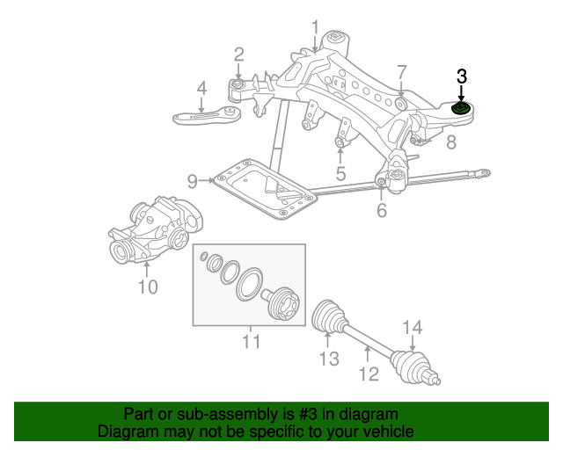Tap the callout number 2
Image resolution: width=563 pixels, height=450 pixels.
point(238,55)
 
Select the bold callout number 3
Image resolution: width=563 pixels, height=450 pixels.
point(462,76)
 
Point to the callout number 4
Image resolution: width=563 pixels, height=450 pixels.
point(201,88)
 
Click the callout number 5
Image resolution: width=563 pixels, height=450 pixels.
point(340,173)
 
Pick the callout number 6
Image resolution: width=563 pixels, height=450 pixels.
point(381,211)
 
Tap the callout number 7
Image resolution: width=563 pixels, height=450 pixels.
point(401,71)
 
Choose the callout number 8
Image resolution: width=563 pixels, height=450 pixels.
point(450,142)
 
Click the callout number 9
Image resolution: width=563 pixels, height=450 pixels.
point(193,181)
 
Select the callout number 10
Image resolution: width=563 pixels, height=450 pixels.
point(147,286)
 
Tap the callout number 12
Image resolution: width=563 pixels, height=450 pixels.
point(368,374)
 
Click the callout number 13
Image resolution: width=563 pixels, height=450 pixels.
point(328,358)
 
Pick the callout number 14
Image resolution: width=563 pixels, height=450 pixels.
point(413,329)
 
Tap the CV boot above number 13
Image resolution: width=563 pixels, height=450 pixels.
point(329,317)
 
